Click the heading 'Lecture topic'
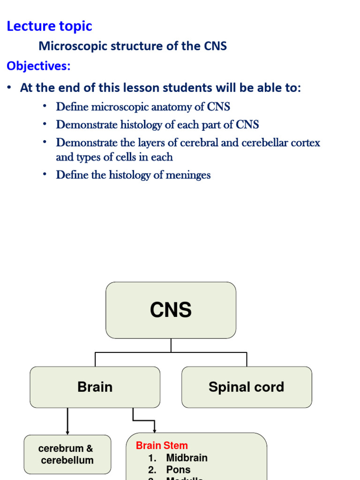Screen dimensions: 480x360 (x=49, y=26)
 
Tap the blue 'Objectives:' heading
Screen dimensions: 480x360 (x=38, y=66)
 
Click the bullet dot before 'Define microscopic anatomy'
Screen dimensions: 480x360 (x=45, y=106)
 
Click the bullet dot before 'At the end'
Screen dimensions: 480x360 (x=9, y=88)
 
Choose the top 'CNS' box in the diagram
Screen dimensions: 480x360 (x=171, y=310)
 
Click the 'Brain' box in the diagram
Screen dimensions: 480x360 (x=95, y=387)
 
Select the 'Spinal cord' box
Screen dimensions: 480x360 (x=246, y=387)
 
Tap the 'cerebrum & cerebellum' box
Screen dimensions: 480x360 (x=67, y=454)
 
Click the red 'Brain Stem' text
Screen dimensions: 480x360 (x=162, y=445)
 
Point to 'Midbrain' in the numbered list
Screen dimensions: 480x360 (x=187, y=458)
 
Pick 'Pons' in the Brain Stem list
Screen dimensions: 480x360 (x=178, y=470)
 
